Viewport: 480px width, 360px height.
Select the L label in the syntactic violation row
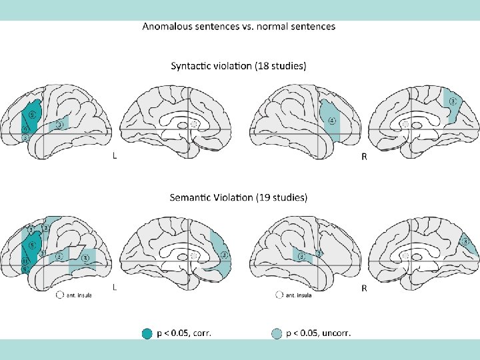pyautogui.click(x=116, y=157)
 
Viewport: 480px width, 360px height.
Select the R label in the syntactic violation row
pyautogui.click(x=364, y=157)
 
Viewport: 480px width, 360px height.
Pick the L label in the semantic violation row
pyautogui.click(x=116, y=288)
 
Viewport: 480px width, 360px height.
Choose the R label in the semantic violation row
pyautogui.click(x=364, y=288)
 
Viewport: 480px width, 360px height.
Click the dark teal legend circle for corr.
pyautogui.click(x=147, y=333)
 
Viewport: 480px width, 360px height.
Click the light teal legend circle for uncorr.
pyautogui.click(x=277, y=333)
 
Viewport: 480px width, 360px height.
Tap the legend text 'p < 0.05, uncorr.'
pyautogui.click(x=319, y=333)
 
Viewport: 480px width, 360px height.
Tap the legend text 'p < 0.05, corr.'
pyautogui.click(x=184, y=333)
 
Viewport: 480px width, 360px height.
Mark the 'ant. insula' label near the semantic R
pyautogui.click(x=299, y=295)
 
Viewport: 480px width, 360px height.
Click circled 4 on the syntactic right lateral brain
pyautogui.click(x=331, y=121)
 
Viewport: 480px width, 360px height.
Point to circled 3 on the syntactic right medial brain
pyautogui.click(x=452, y=102)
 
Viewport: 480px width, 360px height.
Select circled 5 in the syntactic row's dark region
pyautogui.click(x=31, y=114)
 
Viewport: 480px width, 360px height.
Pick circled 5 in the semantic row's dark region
pyautogui.click(x=31, y=245)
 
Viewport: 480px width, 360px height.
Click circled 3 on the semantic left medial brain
pyautogui.click(x=224, y=255)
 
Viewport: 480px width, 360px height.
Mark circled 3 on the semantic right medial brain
pyautogui.click(x=466, y=241)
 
